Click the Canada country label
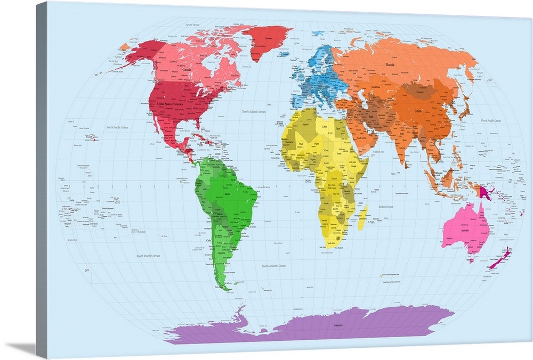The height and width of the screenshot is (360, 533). pyautogui.click(x=187, y=69)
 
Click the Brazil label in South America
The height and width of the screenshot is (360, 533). pyautogui.click(x=228, y=195)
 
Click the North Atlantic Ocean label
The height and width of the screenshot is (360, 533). pyautogui.click(x=253, y=112)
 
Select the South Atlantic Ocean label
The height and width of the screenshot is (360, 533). pyautogui.click(x=273, y=265)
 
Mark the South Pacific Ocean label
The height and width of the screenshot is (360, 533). pyautogui.click(x=148, y=256)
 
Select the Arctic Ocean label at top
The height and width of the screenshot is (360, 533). pyautogui.click(x=192, y=24)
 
